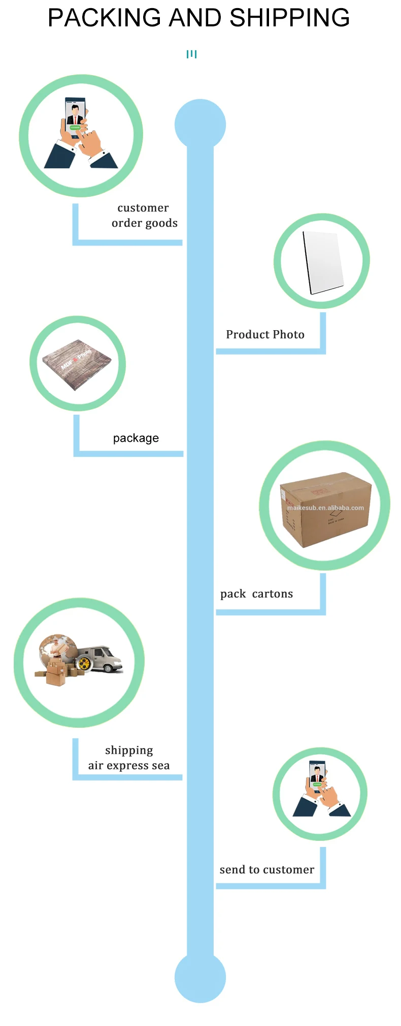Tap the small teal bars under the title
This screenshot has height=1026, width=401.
pyautogui.click(x=191, y=54)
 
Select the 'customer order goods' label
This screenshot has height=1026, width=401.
pyautogui.click(x=144, y=216)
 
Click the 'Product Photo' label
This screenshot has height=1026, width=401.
pyautogui.click(x=265, y=335)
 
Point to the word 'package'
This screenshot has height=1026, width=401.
pyautogui.click(x=136, y=438)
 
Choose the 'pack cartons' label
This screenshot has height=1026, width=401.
pyautogui.click(x=256, y=594)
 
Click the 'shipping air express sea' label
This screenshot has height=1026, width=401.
pyautogui.click(x=129, y=758)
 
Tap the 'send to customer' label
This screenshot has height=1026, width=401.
pyautogui.click(x=266, y=870)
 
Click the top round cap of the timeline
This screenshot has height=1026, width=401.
pyautogui.click(x=200, y=124)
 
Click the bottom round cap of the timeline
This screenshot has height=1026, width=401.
pyautogui.click(x=200, y=977)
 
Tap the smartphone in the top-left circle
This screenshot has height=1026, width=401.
pyautogui.click(x=75, y=118)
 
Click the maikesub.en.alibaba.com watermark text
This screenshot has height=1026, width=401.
pyautogui.click(x=325, y=508)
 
